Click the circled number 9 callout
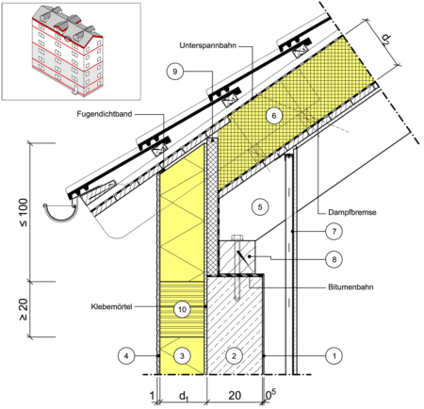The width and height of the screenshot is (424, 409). tap(175, 72)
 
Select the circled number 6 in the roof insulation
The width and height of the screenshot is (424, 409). tap(274, 116)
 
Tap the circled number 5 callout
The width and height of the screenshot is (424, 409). tap(260, 207)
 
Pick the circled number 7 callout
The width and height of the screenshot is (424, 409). tap(334, 232)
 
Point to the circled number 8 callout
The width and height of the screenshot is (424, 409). tap(334, 259)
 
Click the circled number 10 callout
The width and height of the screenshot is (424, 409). tap(182, 309)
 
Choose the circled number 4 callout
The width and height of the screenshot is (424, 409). tap(126, 356)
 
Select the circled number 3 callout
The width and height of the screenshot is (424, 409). tap(182, 356)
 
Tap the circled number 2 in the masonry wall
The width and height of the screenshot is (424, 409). tap(234, 356)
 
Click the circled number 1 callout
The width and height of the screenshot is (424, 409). tap(334, 356)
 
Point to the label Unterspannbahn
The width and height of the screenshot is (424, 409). tap(207, 45)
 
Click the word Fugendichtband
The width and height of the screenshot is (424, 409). tap(105, 114)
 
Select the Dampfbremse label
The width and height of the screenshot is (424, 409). tap(352, 212)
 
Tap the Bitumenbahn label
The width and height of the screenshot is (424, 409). tap(351, 286)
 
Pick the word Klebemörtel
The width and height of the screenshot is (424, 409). tap(111, 306)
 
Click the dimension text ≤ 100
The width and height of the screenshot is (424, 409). tap(24, 212)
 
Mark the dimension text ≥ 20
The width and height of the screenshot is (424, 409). tap(24, 309)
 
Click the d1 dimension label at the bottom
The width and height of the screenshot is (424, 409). tap(184, 397)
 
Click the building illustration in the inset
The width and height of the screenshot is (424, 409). tap(67, 52)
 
